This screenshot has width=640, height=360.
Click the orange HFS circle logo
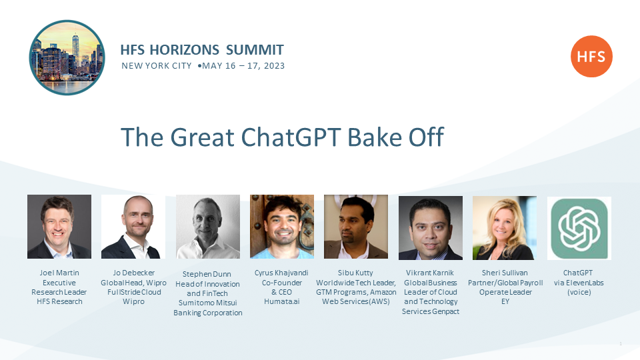click(x=591, y=56)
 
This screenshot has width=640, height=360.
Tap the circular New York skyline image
click(x=67, y=57)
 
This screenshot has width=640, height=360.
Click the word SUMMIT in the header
click(x=255, y=50)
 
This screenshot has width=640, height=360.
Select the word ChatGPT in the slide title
click(x=291, y=137)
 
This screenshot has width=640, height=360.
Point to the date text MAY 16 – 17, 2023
click(x=243, y=66)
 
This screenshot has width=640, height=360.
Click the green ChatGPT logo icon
click(x=579, y=228)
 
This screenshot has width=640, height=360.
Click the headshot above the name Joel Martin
click(x=59, y=227)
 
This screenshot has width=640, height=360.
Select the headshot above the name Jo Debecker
click(x=133, y=227)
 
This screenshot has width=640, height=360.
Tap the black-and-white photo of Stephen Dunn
click(x=208, y=227)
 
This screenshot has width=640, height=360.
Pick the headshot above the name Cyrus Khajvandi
click(x=282, y=227)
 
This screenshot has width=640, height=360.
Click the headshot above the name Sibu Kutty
click(x=356, y=227)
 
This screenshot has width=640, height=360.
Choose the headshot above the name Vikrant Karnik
click(x=431, y=228)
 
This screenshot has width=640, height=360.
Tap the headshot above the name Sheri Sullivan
click(x=505, y=228)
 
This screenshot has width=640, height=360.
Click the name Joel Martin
click(x=59, y=273)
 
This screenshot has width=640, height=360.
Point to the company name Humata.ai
click(x=281, y=301)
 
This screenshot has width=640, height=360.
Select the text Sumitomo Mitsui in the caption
click(x=208, y=303)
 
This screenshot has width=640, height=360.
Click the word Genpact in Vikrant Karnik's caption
click(x=446, y=311)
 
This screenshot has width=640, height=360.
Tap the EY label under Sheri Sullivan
click(x=505, y=301)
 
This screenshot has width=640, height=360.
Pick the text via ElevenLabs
click(x=579, y=283)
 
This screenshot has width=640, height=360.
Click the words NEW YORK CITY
click(x=156, y=66)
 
